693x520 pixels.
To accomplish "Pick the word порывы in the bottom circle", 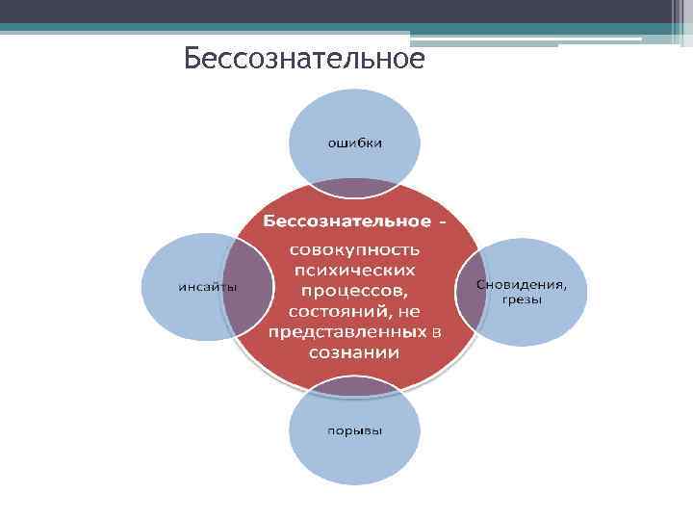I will pos(355,429).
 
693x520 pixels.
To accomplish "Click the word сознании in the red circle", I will pos(354,353).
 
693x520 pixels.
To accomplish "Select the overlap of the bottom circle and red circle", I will pos(355,386).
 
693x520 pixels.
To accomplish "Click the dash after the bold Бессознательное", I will pos(443,222).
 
